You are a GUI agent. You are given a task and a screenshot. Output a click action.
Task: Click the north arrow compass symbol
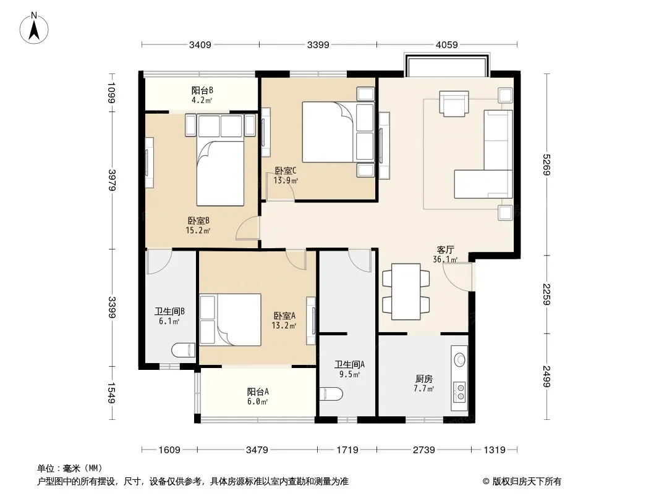click(x=34, y=28)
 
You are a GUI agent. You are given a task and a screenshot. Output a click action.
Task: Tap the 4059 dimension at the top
click(x=446, y=44)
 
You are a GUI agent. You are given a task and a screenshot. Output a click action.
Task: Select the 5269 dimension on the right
click(x=546, y=164)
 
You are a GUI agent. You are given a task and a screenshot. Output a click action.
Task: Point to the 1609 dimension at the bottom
click(x=169, y=450)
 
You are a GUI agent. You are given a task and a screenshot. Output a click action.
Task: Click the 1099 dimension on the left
click(x=112, y=93)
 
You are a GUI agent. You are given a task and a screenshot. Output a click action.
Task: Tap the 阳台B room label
click(x=202, y=90)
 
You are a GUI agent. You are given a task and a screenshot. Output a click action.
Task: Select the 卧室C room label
click(x=286, y=171)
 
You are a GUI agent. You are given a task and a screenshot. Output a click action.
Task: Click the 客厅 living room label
click(x=446, y=249)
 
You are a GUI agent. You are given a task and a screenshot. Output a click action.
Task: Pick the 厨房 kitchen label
click(x=424, y=379)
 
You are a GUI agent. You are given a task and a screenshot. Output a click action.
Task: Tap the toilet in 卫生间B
click(x=184, y=350)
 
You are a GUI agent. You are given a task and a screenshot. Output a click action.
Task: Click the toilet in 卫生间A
click(x=331, y=394)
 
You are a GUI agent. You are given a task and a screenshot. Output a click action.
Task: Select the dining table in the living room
click(x=406, y=291)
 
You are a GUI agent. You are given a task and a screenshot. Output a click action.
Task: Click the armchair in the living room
click(x=454, y=103)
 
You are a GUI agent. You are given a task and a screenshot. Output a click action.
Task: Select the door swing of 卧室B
click(x=247, y=228)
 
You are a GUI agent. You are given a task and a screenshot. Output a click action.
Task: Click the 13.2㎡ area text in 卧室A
click(x=284, y=325)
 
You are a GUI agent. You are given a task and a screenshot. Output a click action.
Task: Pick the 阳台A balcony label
click(x=258, y=392)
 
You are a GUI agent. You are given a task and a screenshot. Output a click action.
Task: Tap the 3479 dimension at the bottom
click(x=257, y=450)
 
